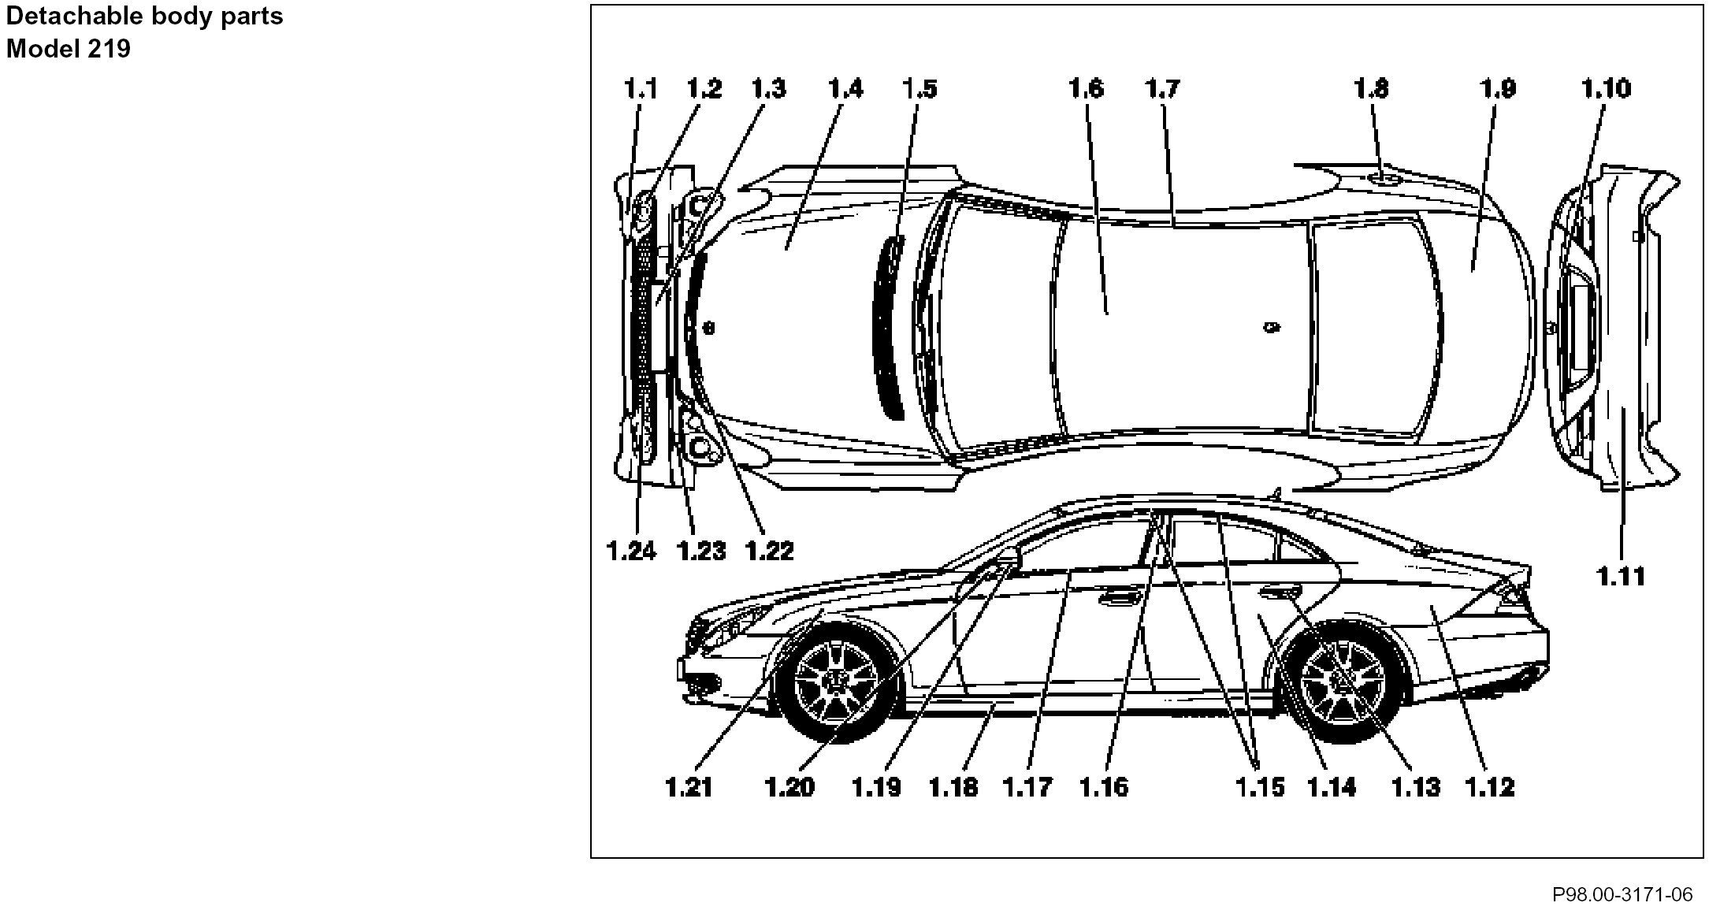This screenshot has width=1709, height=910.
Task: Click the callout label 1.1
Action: pyautogui.click(x=641, y=88)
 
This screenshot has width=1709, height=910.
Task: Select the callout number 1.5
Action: pyautogui.click(x=920, y=88)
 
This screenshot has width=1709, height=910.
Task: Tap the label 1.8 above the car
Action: pyautogui.click(x=1371, y=88)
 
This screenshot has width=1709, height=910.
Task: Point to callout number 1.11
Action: pyautogui.click(x=1622, y=577)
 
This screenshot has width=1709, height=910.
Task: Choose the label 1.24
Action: pyautogui.click(x=631, y=550)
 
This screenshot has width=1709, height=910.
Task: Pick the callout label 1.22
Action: pyautogui.click(x=769, y=550)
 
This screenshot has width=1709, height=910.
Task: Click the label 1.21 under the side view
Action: pyautogui.click(x=689, y=786)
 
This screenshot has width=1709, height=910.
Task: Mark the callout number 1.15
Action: pyautogui.click(x=1259, y=786)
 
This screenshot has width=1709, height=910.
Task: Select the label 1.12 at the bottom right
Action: pyautogui.click(x=1489, y=786)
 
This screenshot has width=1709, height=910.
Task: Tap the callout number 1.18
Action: pyautogui.click(x=953, y=786)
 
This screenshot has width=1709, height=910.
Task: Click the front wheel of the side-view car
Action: pyautogui.click(x=838, y=679)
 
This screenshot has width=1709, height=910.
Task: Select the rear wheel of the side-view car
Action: pyautogui.click(x=1343, y=679)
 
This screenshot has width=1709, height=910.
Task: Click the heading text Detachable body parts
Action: pyautogui.click(x=144, y=16)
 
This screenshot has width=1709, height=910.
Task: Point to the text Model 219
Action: pyautogui.click(x=69, y=49)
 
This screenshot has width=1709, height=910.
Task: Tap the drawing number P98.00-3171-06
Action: pyautogui.click(x=1622, y=894)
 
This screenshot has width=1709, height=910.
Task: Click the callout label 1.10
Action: pyautogui.click(x=1606, y=88)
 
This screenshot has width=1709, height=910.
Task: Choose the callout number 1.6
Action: pyautogui.click(x=1085, y=88)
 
